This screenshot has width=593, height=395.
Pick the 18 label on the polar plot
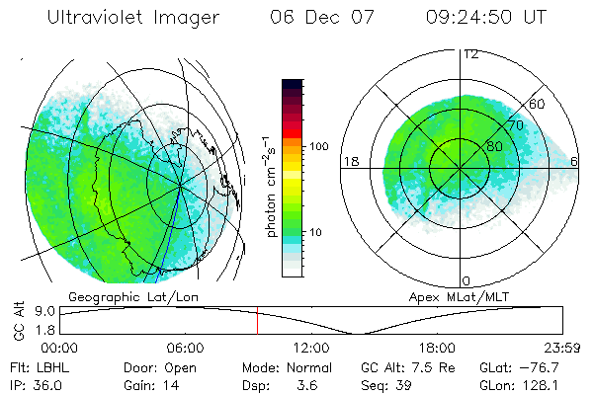pyautogui.click(x=350, y=161)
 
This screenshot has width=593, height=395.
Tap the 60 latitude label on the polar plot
pyautogui.click(x=538, y=104)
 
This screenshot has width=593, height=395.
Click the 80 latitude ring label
pyautogui.click(x=494, y=146)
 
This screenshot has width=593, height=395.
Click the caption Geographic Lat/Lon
pyautogui.click(x=118, y=296)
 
